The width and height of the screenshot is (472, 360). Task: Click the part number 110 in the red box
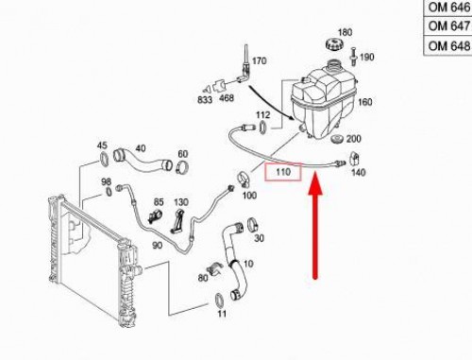tap(283, 172)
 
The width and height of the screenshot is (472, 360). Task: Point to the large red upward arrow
tap(315, 228)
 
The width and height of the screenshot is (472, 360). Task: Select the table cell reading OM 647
tap(448, 26)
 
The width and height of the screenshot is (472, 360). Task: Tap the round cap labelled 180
tap(334, 43)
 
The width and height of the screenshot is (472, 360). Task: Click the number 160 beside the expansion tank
tap(365, 102)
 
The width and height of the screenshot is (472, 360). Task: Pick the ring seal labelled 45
tap(104, 159)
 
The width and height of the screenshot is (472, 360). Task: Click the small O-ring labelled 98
tap(108, 191)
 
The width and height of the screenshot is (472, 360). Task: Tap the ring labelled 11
tap(219, 300)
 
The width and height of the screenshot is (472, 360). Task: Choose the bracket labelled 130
tap(178, 220)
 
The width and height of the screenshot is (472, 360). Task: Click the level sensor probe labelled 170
tap(244, 64)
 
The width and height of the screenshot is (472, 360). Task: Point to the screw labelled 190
tap(353, 56)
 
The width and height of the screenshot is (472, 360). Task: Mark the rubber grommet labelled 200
tap(338, 139)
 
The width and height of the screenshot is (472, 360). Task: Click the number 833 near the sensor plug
tap(205, 100)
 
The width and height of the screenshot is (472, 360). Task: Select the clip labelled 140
tap(355, 159)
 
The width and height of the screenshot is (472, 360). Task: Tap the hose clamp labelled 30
tap(253, 225)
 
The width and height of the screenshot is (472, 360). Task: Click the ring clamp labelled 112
tap(262, 127)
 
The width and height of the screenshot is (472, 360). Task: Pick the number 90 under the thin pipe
tap(157, 245)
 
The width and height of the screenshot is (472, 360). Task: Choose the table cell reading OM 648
tap(448, 46)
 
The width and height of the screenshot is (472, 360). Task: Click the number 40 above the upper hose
tap(141, 148)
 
